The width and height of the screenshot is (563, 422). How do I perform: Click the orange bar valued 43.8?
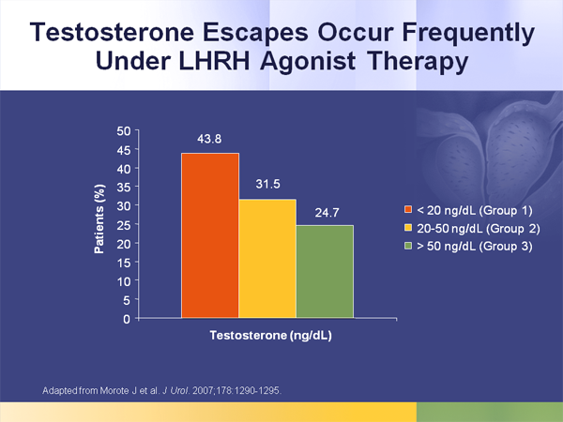click(210, 235)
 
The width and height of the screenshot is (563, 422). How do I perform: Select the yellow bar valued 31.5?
click(267, 259)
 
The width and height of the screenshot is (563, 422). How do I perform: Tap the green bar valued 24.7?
click(325, 272)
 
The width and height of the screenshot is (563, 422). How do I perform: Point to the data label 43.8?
click(209, 139)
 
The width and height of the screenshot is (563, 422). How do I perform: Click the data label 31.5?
click(267, 184)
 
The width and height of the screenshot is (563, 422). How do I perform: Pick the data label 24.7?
click(327, 213)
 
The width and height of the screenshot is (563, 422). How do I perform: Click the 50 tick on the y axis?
click(124, 131)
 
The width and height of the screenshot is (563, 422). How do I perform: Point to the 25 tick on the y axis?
click(124, 225)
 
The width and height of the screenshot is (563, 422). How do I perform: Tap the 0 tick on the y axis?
click(127, 319)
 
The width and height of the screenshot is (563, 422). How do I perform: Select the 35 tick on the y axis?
click(124, 187)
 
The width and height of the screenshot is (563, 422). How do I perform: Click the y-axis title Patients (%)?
click(99, 219)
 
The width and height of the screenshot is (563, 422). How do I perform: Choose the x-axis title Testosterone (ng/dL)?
click(271, 335)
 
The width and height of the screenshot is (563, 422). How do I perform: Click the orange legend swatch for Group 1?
click(408, 209)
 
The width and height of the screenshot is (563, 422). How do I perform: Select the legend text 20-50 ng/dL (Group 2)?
click(479, 228)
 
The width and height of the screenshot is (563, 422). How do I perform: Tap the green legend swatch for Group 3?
click(408, 246)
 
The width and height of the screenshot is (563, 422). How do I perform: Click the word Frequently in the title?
click(468, 34)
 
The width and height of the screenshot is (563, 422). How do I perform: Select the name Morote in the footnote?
click(114, 390)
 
